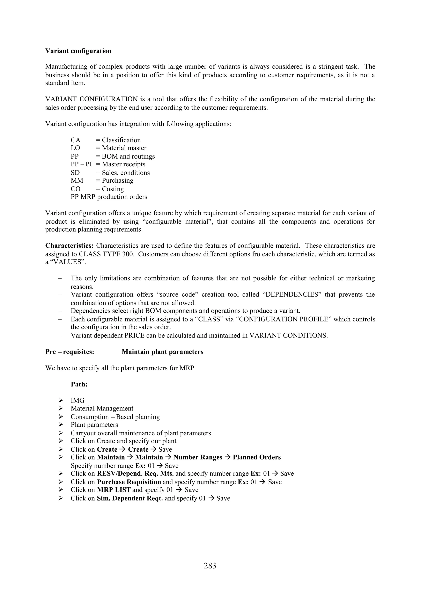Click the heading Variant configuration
[x=78, y=51]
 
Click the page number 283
[x=210, y=565]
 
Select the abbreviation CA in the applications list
[x=75, y=140]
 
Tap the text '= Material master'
[x=121, y=148]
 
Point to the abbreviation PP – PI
[x=81, y=164]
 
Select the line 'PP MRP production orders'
[x=109, y=197]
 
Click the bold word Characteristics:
[x=69, y=246]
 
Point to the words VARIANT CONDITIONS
[x=288, y=335]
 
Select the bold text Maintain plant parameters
[x=162, y=352]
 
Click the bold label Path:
[x=79, y=384]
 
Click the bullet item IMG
[x=77, y=401]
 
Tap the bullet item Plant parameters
[x=94, y=425]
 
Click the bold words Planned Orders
[x=257, y=457]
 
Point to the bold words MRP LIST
[x=114, y=490]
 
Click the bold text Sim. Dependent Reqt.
[x=130, y=498]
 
